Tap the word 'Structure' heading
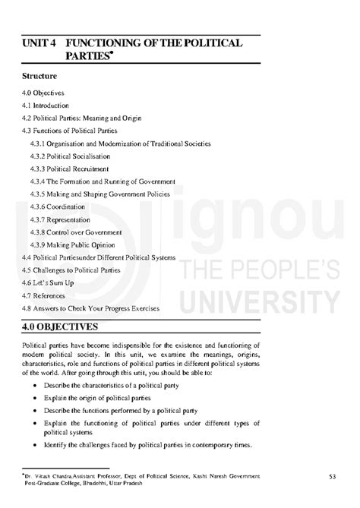(41, 77)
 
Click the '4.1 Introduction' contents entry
(46, 106)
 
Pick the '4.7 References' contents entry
(44, 295)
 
